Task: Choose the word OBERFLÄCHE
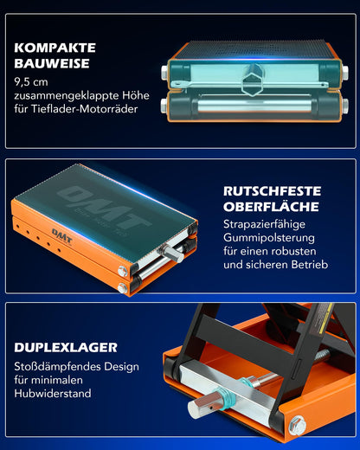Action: pyautogui.click(x=270, y=207)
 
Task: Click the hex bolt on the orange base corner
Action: pyautogui.click(x=297, y=425)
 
